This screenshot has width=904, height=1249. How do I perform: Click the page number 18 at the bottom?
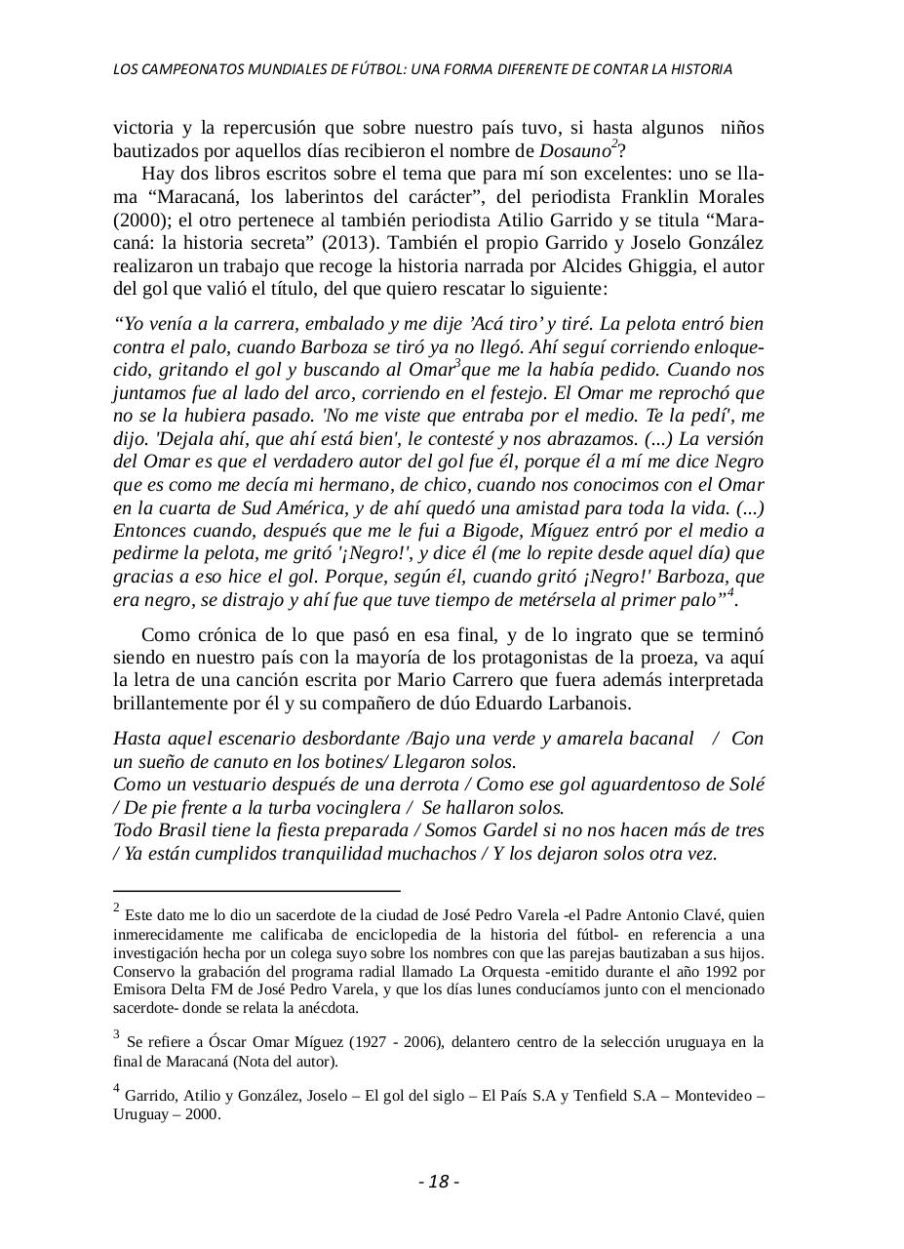[439, 1182]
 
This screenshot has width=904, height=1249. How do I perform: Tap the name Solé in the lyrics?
[748, 785]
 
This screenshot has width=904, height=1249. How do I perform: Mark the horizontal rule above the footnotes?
[256, 891]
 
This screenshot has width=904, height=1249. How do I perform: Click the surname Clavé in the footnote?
[705, 915]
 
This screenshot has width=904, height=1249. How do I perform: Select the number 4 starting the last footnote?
[117, 1090]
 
